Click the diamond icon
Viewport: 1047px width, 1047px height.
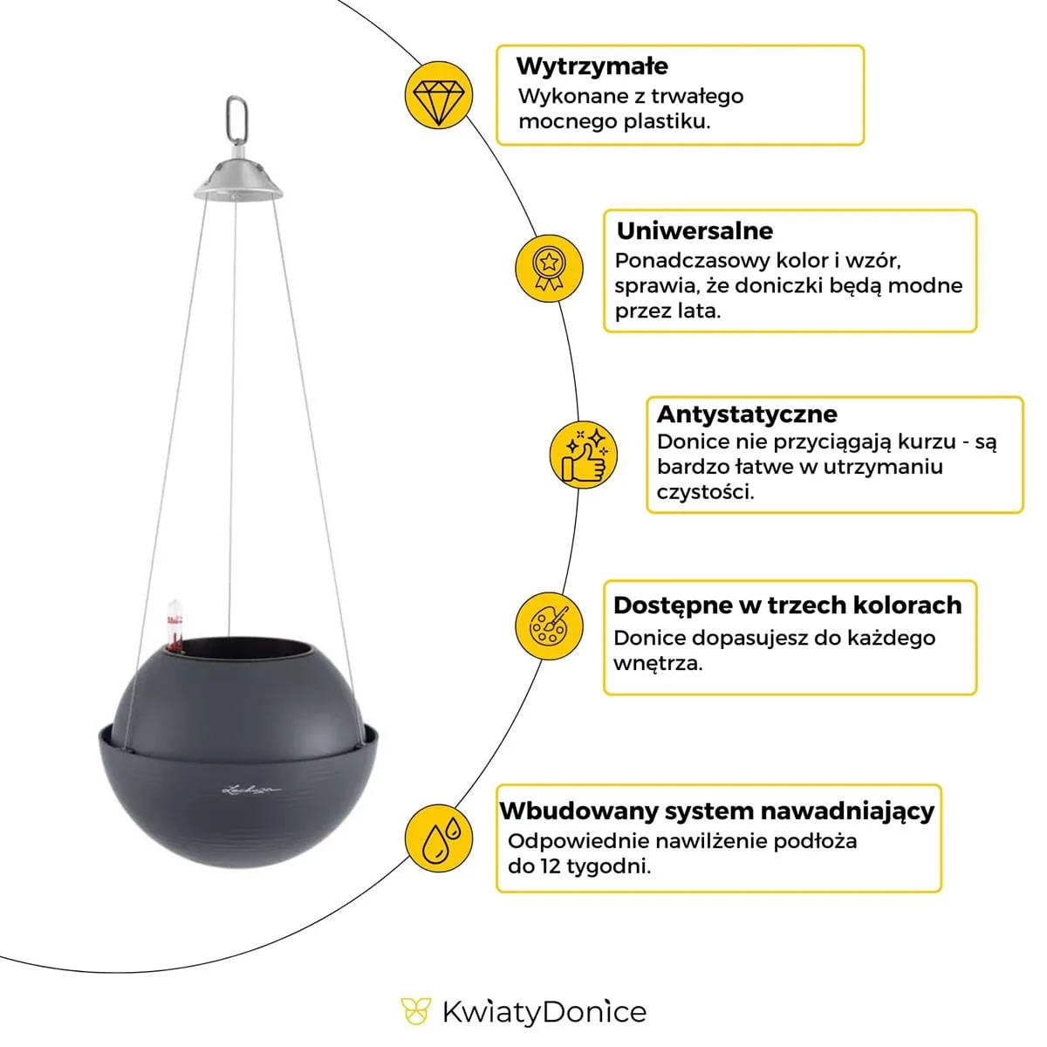pyautogui.click(x=439, y=95)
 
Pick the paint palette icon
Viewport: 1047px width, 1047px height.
pyautogui.click(x=550, y=626)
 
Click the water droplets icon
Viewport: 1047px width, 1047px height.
pyautogui.click(x=440, y=836)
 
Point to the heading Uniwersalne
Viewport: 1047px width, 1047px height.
pyautogui.click(x=695, y=231)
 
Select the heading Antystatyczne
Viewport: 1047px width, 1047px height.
pyautogui.click(x=746, y=414)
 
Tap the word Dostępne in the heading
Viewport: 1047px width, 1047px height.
pyautogui.click(x=663, y=606)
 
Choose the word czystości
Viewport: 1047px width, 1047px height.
pyautogui.click(x=705, y=492)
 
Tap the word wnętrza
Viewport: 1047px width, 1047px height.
pyautogui.click(x=657, y=663)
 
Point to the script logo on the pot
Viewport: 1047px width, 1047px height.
pyautogui.click(x=250, y=790)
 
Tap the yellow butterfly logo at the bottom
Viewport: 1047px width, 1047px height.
pyautogui.click(x=416, y=1012)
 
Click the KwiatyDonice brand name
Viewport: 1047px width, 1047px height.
pyautogui.click(x=544, y=1012)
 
